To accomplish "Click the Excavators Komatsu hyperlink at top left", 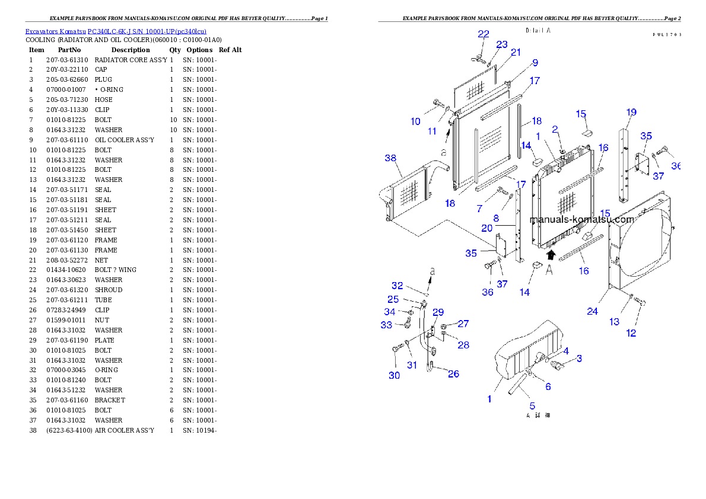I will tap(116, 31).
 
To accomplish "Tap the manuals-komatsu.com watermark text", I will tap(581, 219).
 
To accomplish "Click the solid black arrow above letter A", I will tap(551, 254).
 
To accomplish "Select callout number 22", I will tap(484, 34).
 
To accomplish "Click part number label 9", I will tap(535, 62).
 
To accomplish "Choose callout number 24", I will tap(592, 311).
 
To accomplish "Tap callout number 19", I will tap(631, 112).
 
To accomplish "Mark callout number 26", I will tap(453, 374).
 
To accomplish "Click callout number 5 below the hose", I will tap(532, 406).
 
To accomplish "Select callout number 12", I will tap(631, 333).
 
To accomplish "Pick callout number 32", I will tap(397, 286).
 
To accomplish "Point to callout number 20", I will tap(486, 228).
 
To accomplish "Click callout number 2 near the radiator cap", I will tap(555, 129).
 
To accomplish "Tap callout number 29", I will tap(438, 312).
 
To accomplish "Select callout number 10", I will tap(415, 121).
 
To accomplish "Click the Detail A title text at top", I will tap(538, 30).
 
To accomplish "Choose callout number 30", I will tap(394, 375).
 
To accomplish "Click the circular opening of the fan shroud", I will tap(641, 237).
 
